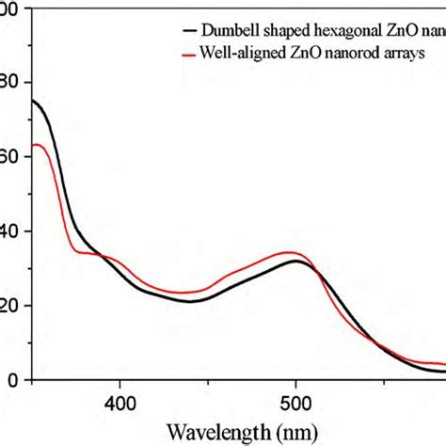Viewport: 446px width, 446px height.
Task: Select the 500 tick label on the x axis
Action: [x=295, y=403]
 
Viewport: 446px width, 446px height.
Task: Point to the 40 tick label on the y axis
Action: [x=11, y=231]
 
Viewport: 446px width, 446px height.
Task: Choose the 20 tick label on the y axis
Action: [x=11, y=306]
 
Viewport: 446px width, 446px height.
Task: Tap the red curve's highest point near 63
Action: [x=38, y=144]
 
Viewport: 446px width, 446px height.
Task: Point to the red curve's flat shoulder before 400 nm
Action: [x=92, y=252]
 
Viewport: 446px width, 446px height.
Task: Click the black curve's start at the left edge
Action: [x=34, y=100]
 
